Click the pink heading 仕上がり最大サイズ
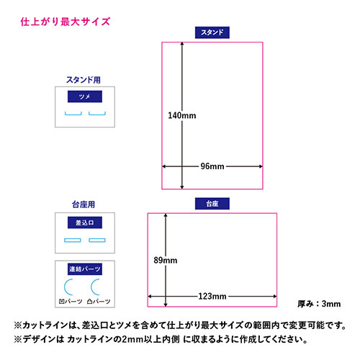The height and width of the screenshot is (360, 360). (66, 22)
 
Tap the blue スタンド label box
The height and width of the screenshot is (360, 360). (212, 32)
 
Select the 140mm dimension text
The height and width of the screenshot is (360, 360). (182, 115)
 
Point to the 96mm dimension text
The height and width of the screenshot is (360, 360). (212, 166)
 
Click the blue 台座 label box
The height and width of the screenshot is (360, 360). (212, 204)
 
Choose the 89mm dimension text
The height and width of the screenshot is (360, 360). (166, 260)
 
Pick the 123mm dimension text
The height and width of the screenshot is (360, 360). (212, 297)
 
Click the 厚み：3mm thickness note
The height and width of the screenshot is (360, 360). (319, 304)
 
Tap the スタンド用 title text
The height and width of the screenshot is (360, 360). (84, 80)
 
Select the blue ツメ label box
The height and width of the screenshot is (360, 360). (85, 96)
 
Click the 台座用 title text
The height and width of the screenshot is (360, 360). (84, 204)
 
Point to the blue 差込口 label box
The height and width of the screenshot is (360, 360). (85, 222)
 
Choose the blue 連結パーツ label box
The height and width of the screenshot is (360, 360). (85, 269)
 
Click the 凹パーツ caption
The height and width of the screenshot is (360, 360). (71, 301)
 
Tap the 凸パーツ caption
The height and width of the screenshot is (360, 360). (99, 301)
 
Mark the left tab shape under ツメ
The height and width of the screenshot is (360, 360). (73, 114)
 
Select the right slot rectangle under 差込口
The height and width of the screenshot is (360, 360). (97, 240)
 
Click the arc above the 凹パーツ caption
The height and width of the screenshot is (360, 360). (65, 287)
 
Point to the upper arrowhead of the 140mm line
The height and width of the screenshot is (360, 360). (182, 44)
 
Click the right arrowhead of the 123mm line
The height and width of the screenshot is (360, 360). (275, 297)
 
